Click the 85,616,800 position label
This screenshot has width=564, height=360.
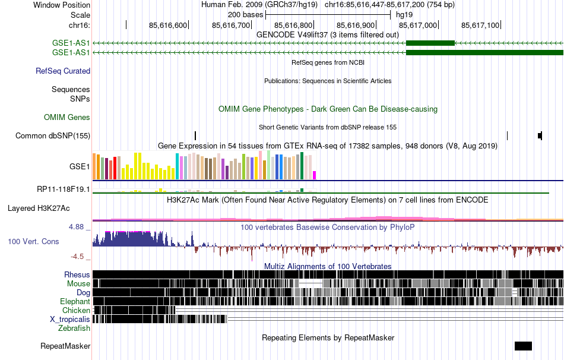(293, 25)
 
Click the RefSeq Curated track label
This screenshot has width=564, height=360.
(63, 71)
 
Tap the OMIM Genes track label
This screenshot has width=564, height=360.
(67, 118)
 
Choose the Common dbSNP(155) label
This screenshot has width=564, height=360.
(53, 136)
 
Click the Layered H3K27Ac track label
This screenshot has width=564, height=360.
(39, 209)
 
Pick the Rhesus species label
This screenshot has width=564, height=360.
(77, 274)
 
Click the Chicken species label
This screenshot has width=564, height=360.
(76, 310)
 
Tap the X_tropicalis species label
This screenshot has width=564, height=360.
(70, 319)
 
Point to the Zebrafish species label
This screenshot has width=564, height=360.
(74, 328)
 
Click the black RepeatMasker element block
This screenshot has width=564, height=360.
(523, 346)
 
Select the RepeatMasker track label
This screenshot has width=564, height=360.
(65, 346)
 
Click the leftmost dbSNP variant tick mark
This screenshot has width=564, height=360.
(195, 136)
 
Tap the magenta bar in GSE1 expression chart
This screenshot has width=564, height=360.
(315, 175)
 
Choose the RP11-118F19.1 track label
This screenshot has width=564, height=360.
(64, 190)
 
